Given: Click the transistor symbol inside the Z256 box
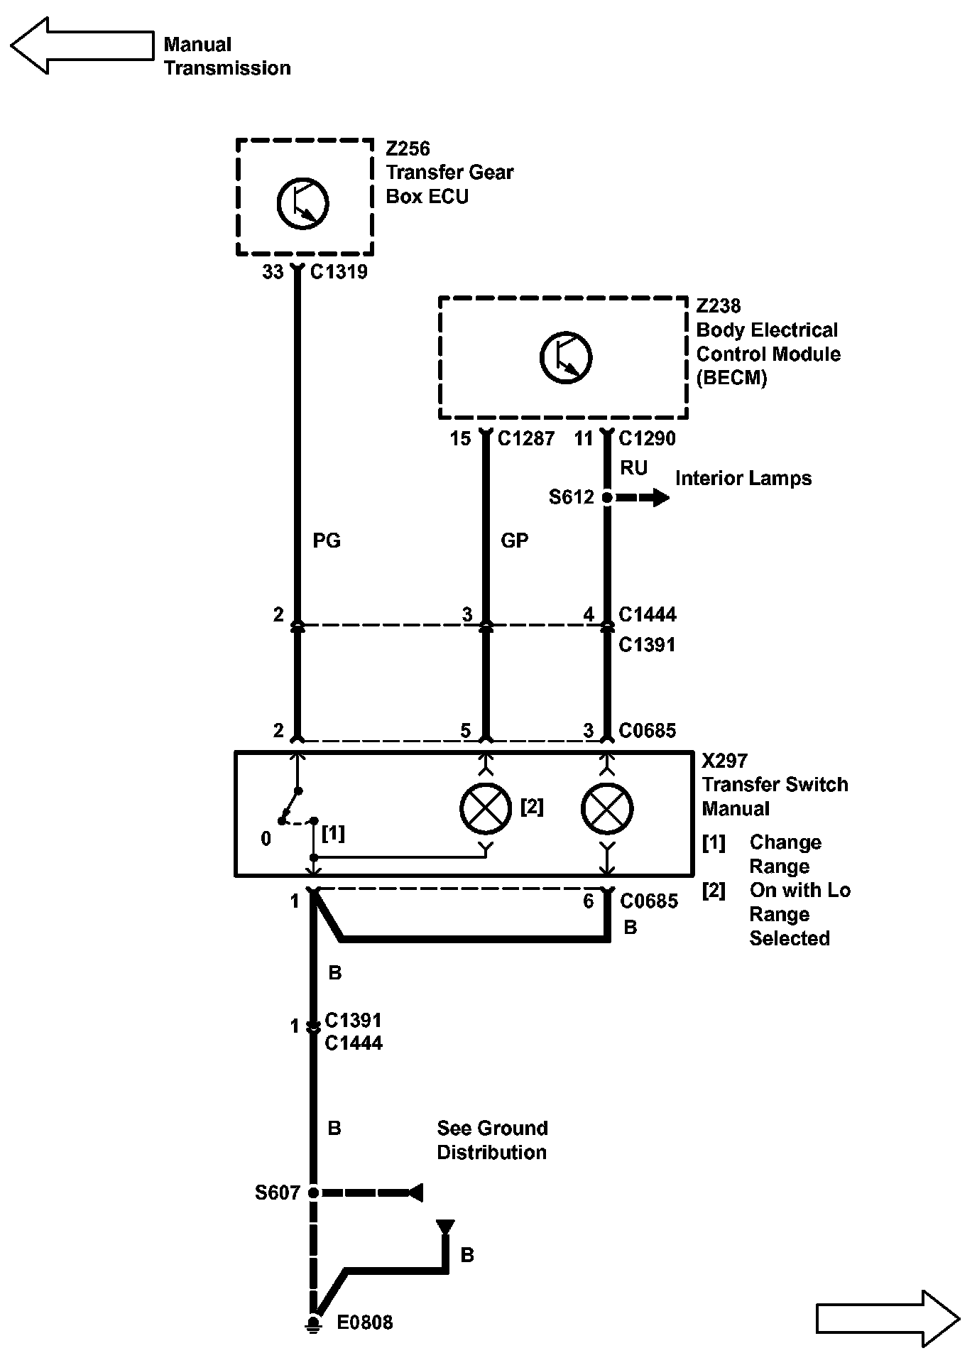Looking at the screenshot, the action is point(302,203).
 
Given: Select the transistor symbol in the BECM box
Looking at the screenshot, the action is point(566,357).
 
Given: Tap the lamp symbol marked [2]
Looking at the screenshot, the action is point(486,808).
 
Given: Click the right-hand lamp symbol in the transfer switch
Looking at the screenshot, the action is point(607,808).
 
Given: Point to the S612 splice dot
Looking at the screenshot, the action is point(607,498).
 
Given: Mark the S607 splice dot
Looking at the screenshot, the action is point(312,1193).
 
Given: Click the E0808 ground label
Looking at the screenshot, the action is point(364,1322).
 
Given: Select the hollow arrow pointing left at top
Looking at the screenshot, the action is point(82,45).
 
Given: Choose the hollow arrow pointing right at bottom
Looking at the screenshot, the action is point(888,1319).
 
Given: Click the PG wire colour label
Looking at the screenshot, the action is point(327,541).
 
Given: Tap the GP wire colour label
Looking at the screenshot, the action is point(515,541).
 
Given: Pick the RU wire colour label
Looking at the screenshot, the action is point(633,468).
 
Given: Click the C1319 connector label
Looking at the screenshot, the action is point(339,272).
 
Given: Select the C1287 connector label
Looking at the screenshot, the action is point(526,439).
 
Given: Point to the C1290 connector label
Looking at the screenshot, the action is point(648,439).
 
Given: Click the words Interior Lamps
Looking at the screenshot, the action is point(743,479).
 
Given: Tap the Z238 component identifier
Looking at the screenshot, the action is point(719,306).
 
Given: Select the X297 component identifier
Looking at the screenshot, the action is point(725,761).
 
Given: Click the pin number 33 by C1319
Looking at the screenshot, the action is point(273,272).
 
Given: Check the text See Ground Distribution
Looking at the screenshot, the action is point(493,1140).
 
